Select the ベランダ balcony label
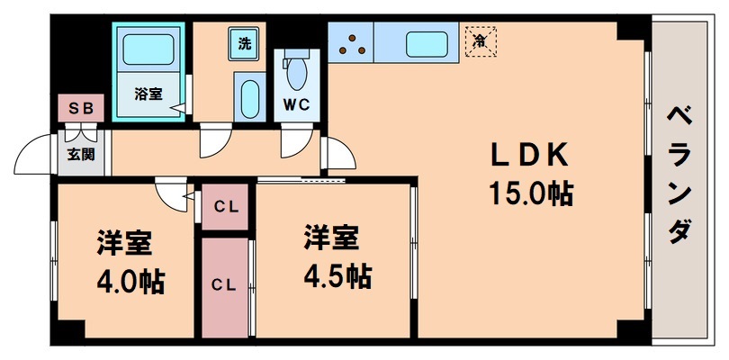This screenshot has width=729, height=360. pyautogui.click(x=680, y=175)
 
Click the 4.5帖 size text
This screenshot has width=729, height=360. pyautogui.click(x=335, y=274)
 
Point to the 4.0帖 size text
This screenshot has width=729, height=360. pyautogui.click(x=130, y=281)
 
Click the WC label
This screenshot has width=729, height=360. pyautogui.click(x=297, y=104)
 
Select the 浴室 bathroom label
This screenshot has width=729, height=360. pyautogui.click(x=148, y=93)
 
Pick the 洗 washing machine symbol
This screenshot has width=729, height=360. pyautogui.click(x=246, y=42)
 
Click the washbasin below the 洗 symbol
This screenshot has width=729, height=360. pyautogui.click(x=248, y=95)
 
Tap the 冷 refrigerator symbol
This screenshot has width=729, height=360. pyautogui.click(x=481, y=40)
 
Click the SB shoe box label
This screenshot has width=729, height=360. pyautogui.click(x=82, y=108)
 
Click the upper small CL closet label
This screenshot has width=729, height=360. pyautogui.click(x=225, y=207)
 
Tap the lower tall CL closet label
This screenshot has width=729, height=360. pyautogui.click(x=223, y=284)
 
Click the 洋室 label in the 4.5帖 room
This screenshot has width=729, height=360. pyautogui.click(x=330, y=238)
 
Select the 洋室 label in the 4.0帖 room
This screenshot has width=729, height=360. pyautogui.click(x=125, y=244)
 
